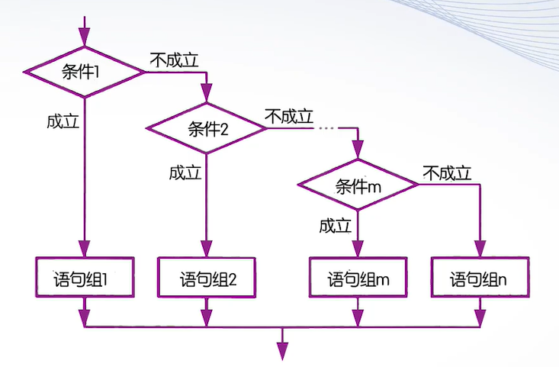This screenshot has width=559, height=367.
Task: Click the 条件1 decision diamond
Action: coord(84,72)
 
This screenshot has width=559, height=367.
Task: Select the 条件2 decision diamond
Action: coord(207,128)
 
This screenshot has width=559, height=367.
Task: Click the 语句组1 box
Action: coord(84,278)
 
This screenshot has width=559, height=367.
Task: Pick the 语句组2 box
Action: coord(207,278)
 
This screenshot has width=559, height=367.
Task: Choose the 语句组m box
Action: coord(358,278)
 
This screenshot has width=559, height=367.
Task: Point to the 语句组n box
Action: coord(479,278)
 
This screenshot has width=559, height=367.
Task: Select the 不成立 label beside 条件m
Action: coord(447,173)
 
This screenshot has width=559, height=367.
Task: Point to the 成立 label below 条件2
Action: coord(185,173)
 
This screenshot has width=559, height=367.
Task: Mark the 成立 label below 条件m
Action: coord(336,226)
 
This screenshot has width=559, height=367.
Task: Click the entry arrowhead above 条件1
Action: coord(84,37)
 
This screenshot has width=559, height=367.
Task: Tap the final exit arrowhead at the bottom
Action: coord(283,350)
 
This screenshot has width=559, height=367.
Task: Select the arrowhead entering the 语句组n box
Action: coord(479,249)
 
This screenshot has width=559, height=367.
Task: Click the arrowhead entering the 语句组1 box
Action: coord(84,249)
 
